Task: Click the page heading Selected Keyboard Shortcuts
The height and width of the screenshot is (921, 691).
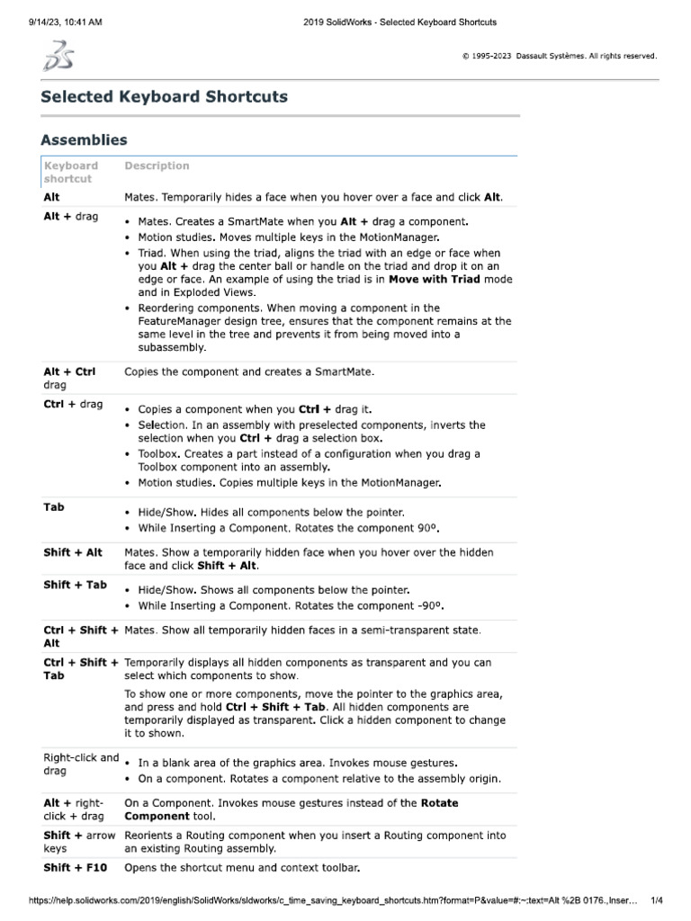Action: [x=164, y=96]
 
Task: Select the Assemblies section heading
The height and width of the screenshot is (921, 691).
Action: [x=84, y=139]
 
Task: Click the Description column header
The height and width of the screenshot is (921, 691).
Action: [x=157, y=165]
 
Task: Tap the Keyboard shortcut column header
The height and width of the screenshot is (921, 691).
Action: [x=71, y=172]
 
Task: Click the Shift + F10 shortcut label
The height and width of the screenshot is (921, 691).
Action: [x=76, y=868]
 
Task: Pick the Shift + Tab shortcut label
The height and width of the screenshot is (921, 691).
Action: [x=75, y=585]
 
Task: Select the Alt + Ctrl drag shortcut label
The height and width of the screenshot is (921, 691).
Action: [x=69, y=377]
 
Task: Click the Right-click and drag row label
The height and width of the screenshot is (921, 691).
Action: [x=81, y=764]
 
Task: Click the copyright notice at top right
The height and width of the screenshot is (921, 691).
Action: [x=559, y=56]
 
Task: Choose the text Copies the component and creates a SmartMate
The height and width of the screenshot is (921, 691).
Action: [x=248, y=371]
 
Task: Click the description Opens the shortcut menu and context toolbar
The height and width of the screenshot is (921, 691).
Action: [x=242, y=868]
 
